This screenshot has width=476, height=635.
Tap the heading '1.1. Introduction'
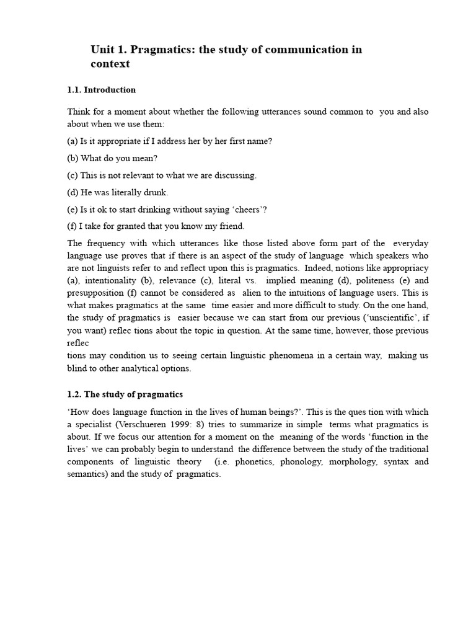101,90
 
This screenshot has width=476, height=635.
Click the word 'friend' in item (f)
231,226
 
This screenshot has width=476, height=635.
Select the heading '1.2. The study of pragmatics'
125,394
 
